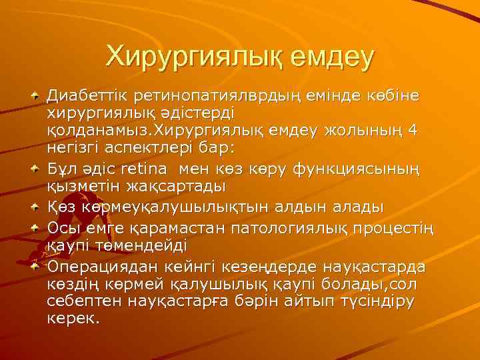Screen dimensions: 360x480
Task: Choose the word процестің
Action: [x=395, y=229]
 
